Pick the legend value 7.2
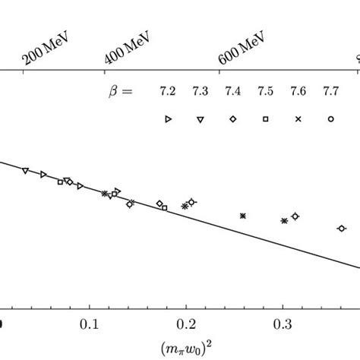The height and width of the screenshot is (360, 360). click(x=168, y=92)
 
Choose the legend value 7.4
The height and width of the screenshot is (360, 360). click(x=233, y=92)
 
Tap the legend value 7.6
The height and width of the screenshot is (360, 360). click(x=298, y=92)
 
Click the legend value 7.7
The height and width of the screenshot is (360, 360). click(x=330, y=92)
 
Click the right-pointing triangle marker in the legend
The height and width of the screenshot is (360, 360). click(x=169, y=119)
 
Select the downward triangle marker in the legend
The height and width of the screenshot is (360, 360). click(x=201, y=119)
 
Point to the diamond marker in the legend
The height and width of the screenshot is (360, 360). click(x=233, y=119)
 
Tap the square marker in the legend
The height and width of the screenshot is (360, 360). click(x=265, y=119)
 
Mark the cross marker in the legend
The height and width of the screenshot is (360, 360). click(x=298, y=119)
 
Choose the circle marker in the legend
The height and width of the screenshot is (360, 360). click(x=330, y=119)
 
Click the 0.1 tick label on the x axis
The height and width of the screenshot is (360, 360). click(x=90, y=324)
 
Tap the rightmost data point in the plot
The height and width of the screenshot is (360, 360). click(x=341, y=228)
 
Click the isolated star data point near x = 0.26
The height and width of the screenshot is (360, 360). click(x=243, y=216)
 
